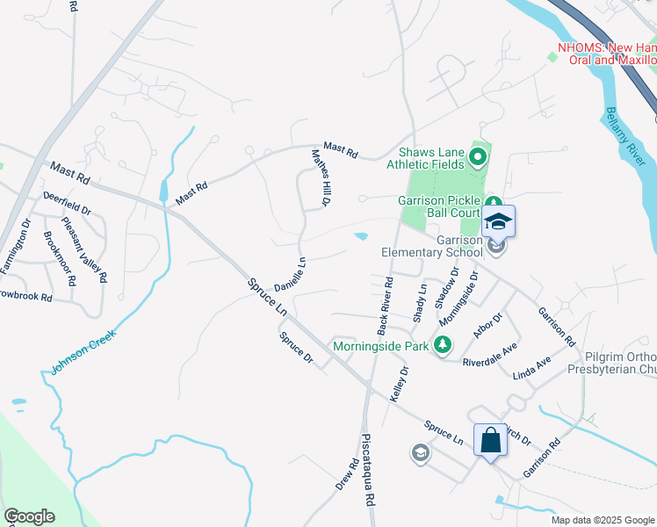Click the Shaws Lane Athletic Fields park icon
478,158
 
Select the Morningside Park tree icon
444,343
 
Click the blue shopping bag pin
490,439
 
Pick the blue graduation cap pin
498,222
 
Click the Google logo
29,516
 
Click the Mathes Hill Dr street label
321,178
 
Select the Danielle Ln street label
290,274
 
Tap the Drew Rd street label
343,477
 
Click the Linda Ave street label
532,367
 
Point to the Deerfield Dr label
69,205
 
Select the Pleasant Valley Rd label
91,255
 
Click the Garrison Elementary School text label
431,245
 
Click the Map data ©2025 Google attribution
601,520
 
